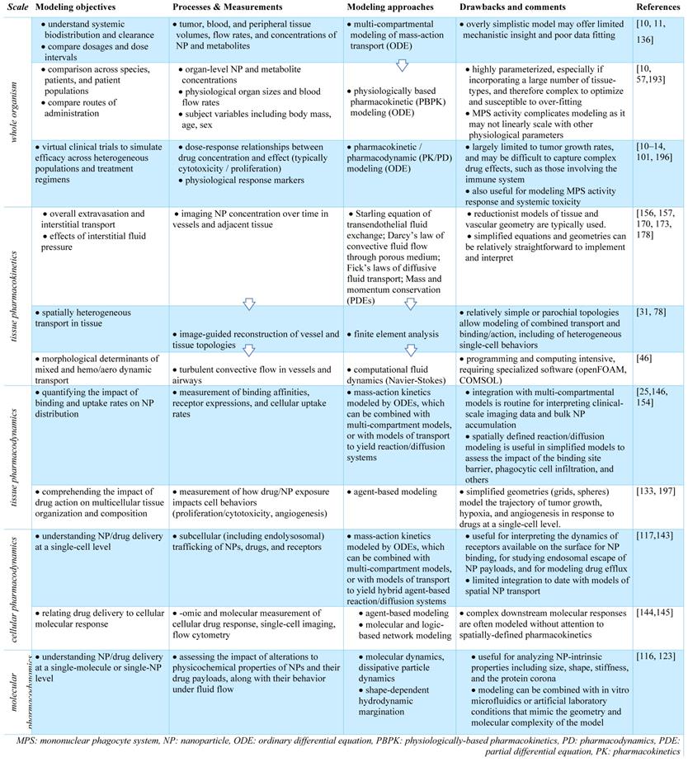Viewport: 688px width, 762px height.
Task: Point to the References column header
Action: click(x=658, y=7)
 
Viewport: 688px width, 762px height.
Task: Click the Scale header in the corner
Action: click(x=16, y=7)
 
